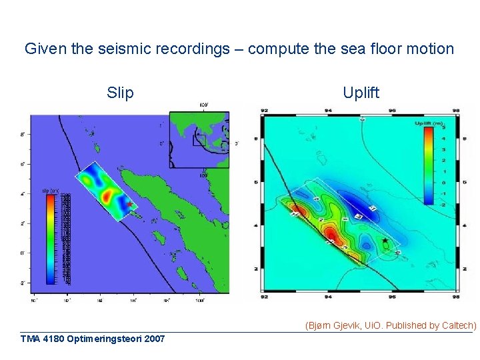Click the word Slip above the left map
click(x=120, y=93)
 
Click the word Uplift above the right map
click(x=361, y=93)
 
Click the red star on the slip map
click(x=129, y=205)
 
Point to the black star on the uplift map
click(x=385, y=240)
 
